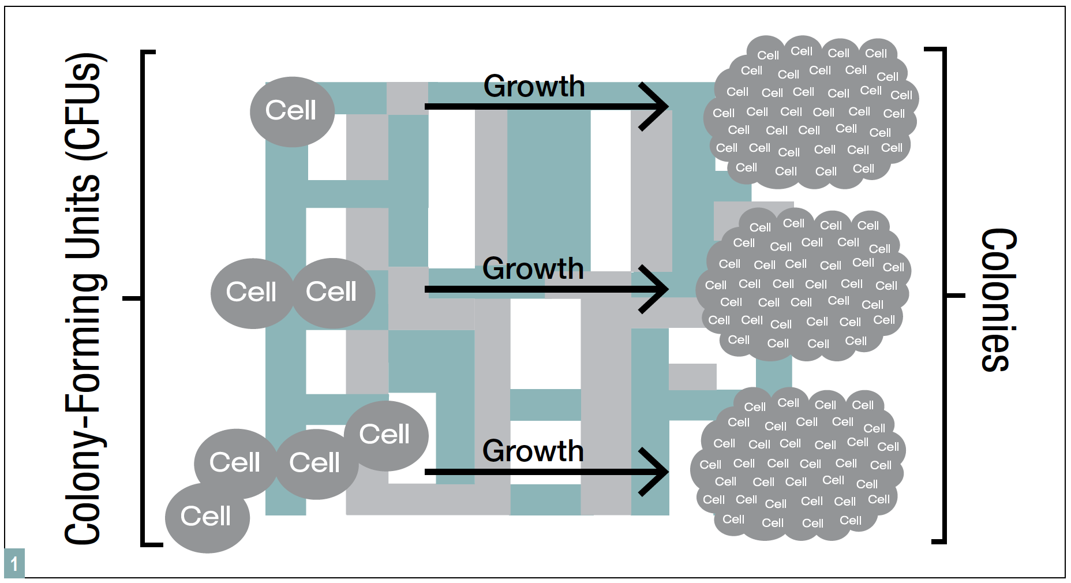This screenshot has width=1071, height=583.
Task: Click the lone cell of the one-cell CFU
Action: click(x=292, y=111)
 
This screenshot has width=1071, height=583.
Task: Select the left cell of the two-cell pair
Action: click(x=252, y=293)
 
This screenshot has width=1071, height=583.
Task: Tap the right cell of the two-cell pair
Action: click(x=332, y=293)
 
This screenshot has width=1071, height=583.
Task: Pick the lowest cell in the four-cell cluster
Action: click(x=207, y=517)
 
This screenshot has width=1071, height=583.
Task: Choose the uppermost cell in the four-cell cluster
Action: click(x=385, y=435)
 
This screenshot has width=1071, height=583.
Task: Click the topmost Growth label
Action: click(x=534, y=87)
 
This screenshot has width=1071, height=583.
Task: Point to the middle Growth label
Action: click(x=533, y=269)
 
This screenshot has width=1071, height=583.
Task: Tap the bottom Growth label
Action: click(x=533, y=451)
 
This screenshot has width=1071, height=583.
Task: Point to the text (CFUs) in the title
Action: click(x=84, y=107)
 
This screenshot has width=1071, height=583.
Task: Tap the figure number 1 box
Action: click(x=14, y=563)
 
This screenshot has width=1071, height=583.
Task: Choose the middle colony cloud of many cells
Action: click(x=802, y=284)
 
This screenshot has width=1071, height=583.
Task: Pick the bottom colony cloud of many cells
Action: click(x=796, y=464)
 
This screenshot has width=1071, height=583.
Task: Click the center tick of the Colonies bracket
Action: click(x=956, y=296)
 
